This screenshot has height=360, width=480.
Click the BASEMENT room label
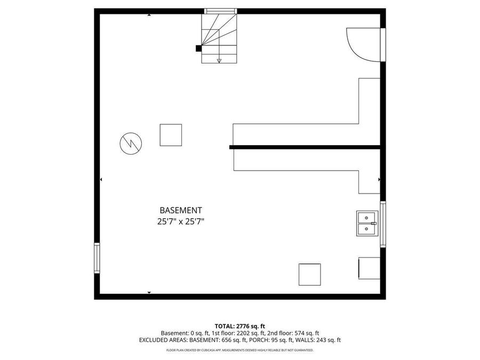(x=181, y=210)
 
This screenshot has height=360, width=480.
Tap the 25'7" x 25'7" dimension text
(x=181, y=221)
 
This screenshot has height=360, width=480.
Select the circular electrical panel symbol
(x=131, y=143)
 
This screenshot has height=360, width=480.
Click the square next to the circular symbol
(x=171, y=135)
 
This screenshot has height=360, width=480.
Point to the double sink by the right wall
(x=366, y=223)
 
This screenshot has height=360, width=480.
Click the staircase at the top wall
(x=219, y=37)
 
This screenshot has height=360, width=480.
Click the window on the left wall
(x=97, y=258)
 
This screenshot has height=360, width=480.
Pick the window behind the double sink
(x=382, y=224)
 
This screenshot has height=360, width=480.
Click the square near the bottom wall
(x=310, y=275)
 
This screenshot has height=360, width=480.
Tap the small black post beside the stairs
(x=198, y=48)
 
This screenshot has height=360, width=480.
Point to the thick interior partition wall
(x=305, y=147)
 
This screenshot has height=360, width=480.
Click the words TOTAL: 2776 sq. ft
(x=240, y=326)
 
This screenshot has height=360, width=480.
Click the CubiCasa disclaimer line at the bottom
(x=240, y=350)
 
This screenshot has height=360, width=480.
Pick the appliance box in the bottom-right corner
(x=369, y=268)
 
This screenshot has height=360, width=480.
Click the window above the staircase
(x=220, y=11)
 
